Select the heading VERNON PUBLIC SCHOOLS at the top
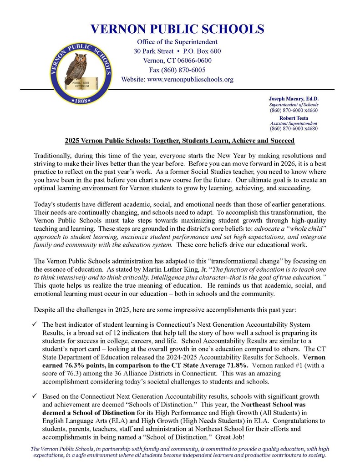177,29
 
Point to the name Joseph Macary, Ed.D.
293,99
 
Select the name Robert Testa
294,118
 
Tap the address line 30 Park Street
153,51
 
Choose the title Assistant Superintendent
294,123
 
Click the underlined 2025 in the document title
72,141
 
